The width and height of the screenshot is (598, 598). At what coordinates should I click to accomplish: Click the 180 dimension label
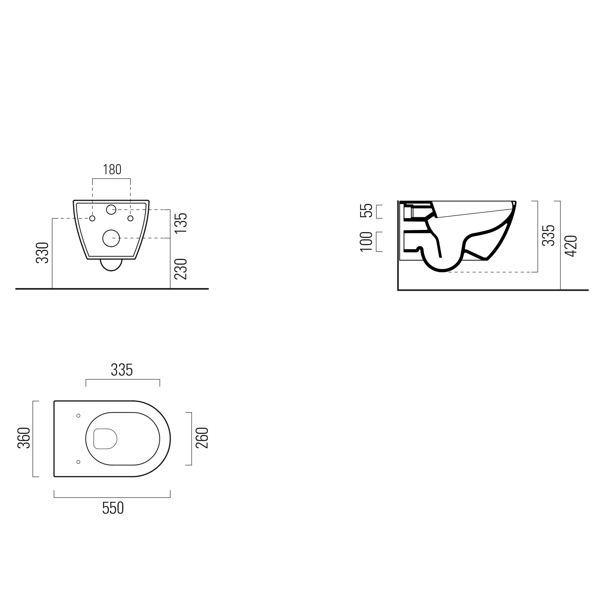(x=112, y=170)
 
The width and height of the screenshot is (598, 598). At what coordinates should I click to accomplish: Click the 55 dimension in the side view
(x=367, y=210)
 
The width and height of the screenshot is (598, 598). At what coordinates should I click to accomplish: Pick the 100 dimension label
(x=367, y=242)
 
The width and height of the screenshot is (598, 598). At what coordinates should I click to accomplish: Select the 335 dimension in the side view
(x=549, y=235)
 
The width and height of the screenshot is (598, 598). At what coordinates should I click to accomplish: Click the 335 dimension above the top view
(x=122, y=370)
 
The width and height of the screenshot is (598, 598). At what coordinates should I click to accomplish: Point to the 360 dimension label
(x=23, y=438)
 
